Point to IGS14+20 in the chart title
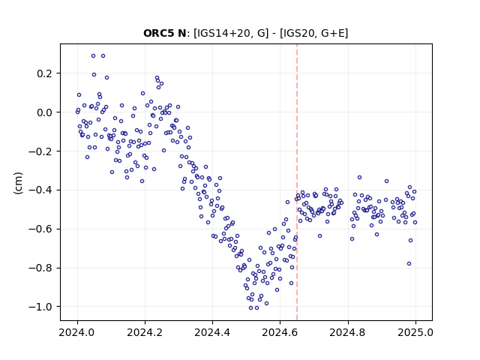222,33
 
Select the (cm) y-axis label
18,183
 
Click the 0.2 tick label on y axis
45,73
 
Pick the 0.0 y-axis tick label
45,112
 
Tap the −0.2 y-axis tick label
40,151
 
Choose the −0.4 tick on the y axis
40,190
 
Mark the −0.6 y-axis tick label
40,229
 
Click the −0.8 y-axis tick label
40,268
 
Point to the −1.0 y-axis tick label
40,307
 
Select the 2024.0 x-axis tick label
77,332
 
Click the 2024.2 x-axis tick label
145,332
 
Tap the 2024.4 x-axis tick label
212,332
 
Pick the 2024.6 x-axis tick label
280,332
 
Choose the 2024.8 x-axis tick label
348,332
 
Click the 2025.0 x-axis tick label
415,332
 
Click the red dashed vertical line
297,182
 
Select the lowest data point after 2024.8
409,263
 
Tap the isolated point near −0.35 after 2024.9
387,181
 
